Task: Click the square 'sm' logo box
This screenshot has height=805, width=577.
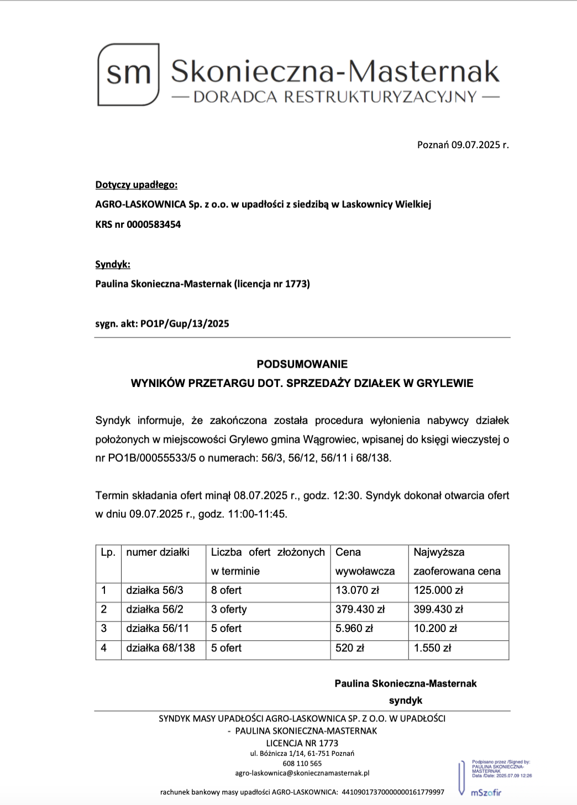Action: coord(128,75)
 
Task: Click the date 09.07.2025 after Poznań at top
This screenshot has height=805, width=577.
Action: coord(475,145)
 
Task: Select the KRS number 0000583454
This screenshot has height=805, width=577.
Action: coord(154,224)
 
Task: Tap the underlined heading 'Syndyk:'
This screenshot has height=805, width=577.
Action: coord(113,264)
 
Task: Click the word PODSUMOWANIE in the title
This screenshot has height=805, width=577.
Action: coord(302,364)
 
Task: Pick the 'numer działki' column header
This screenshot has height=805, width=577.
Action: coord(158,552)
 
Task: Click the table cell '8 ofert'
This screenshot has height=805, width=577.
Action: coord(226,590)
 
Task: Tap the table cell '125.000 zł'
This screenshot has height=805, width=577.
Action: coord(438,590)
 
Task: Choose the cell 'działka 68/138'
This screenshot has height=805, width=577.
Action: coord(160,648)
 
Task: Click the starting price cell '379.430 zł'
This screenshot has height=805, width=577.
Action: coord(360,609)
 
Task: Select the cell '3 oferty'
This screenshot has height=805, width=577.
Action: coord(229,609)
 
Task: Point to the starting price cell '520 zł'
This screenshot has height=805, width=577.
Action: coord(350,648)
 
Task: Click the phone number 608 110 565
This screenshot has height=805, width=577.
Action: coord(302,764)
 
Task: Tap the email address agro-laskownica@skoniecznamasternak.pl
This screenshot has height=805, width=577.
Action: coord(302,773)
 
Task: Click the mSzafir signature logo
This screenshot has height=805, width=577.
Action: coord(486,793)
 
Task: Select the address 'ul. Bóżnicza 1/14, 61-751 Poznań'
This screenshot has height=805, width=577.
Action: coord(302,754)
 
